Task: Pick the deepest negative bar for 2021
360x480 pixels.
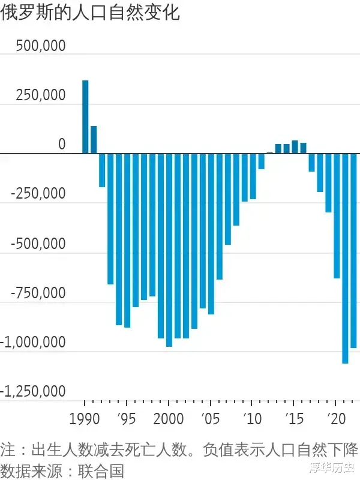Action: point(345,258)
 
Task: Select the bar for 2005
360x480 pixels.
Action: point(211,233)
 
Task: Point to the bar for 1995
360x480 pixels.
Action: point(127,240)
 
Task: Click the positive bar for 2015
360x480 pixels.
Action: point(295,147)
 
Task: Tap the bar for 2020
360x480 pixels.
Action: point(337,215)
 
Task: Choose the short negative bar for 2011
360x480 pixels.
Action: point(261,161)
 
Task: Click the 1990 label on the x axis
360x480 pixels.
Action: point(85,418)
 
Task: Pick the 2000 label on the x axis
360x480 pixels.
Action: point(169,418)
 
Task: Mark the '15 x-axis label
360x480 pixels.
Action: point(294,418)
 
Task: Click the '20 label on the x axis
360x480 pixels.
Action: point(336,418)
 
